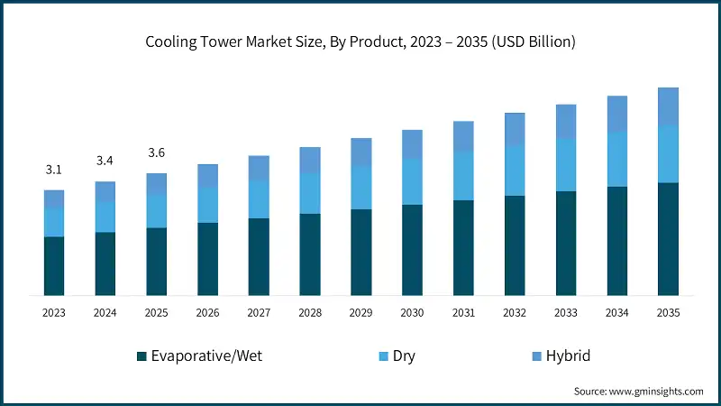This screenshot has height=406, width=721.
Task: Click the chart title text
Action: click(x=360, y=42)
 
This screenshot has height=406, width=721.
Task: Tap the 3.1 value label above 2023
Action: click(x=54, y=170)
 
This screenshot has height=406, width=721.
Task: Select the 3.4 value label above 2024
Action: click(x=105, y=161)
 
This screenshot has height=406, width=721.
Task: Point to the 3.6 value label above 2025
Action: click(x=157, y=152)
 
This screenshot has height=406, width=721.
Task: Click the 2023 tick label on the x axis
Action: click(x=54, y=313)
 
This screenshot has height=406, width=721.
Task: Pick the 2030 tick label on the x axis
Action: click(x=412, y=313)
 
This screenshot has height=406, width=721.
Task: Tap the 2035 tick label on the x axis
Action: click(x=668, y=313)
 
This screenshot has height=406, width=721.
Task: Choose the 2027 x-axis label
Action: click(x=259, y=313)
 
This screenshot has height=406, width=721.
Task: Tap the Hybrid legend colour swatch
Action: click(x=525, y=357)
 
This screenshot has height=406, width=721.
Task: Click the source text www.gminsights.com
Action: click(x=638, y=392)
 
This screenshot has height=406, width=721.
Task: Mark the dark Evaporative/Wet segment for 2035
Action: click(x=668, y=239)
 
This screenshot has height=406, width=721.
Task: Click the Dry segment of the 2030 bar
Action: click(x=412, y=182)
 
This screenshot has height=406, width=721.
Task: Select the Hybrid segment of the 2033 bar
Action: click(x=566, y=122)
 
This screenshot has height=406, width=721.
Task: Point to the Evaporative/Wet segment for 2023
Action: click(x=54, y=266)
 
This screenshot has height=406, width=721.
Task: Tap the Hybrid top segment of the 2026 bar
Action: click(x=207, y=176)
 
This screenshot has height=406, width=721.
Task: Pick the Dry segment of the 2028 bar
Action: click(x=310, y=193)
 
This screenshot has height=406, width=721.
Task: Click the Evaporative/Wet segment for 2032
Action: click(x=515, y=245)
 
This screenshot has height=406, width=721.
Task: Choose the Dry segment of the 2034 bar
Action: click(x=616, y=160)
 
